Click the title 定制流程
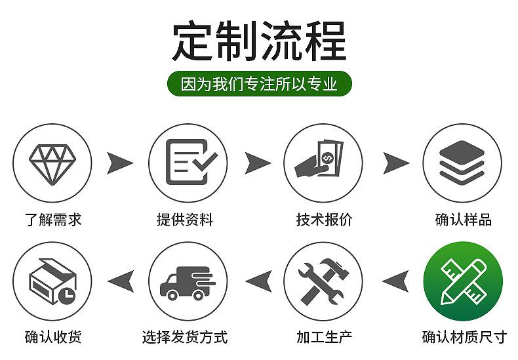260,41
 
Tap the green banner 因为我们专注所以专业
260,83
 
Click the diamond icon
52,164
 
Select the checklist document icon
191,162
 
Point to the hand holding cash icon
319,159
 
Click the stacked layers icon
462,162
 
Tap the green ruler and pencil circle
463,281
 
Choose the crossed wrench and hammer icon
323,281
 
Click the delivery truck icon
188,283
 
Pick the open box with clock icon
53,281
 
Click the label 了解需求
53,220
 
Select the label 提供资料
185,220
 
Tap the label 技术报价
325,220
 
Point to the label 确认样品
464,220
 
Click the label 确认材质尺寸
464,337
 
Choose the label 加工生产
325,337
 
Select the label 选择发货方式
185,337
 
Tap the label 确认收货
53,337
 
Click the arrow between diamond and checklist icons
119,163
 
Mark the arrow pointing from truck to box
121,281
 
